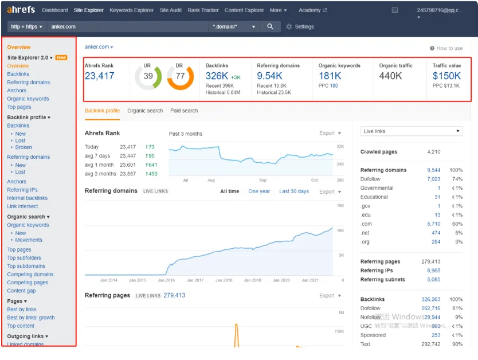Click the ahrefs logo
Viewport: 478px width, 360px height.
21,10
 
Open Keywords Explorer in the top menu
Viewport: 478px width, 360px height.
131,10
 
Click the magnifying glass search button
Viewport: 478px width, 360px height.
270,26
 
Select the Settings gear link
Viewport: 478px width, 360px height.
300,26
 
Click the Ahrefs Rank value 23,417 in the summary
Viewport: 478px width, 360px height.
99,76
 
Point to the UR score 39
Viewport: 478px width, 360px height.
148,76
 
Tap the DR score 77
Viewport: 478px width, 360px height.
180,76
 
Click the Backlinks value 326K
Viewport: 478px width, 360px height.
217,76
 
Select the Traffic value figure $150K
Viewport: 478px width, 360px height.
446,76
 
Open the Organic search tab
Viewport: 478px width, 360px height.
145,111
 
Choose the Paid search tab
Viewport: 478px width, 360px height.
184,111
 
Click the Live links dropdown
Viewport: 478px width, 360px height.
412,131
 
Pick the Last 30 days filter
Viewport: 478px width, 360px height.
294,191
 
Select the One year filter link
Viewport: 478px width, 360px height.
259,191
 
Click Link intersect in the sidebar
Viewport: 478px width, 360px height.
22,206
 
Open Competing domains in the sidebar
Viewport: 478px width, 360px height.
30,274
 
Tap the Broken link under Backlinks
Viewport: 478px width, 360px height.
23,147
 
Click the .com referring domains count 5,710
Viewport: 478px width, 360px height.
433,224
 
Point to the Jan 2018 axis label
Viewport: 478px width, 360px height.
224,280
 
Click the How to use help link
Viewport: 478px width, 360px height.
446,48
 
